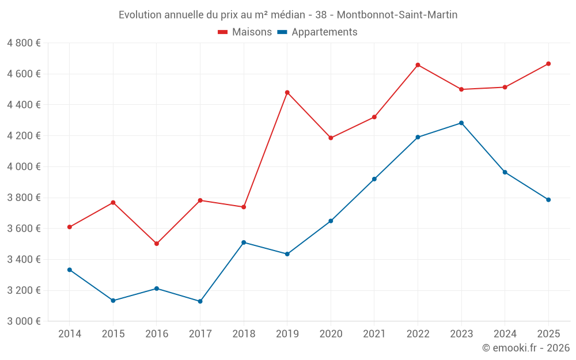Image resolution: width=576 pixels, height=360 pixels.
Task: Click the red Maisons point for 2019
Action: pos(287,92)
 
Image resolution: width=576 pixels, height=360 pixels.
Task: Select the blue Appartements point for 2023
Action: pos(461,123)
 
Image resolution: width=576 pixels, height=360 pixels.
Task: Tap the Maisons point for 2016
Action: pos(157,244)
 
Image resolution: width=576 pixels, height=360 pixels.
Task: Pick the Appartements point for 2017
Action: pos(200,301)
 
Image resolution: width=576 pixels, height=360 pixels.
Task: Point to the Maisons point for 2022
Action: pos(418,65)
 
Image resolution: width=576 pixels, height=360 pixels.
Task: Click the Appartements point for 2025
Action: pos(548,200)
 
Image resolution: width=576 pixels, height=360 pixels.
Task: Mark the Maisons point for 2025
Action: pos(548,64)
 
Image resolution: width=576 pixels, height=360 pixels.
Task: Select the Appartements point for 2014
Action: pos(70,270)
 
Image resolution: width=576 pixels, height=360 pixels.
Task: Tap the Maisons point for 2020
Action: pos(331,138)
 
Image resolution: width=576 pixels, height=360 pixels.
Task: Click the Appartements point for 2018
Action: pos(244,242)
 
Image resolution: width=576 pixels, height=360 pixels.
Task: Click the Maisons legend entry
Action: pos(245,32)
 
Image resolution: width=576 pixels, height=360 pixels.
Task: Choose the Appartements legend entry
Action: pos(317,32)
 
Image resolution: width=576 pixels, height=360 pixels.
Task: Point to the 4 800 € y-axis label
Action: pos(24,43)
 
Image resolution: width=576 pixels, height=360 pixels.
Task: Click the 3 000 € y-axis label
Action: pos(24,321)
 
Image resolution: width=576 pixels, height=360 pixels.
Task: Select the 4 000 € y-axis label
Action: pos(24,166)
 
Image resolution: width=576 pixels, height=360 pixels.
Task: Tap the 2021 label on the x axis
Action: pos(374,334)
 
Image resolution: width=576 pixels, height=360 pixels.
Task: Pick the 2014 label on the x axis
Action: pos(70,334)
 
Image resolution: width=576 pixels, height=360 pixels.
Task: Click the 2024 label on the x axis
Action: pos(505,334)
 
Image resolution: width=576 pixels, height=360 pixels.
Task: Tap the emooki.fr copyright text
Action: pos(526,348)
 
